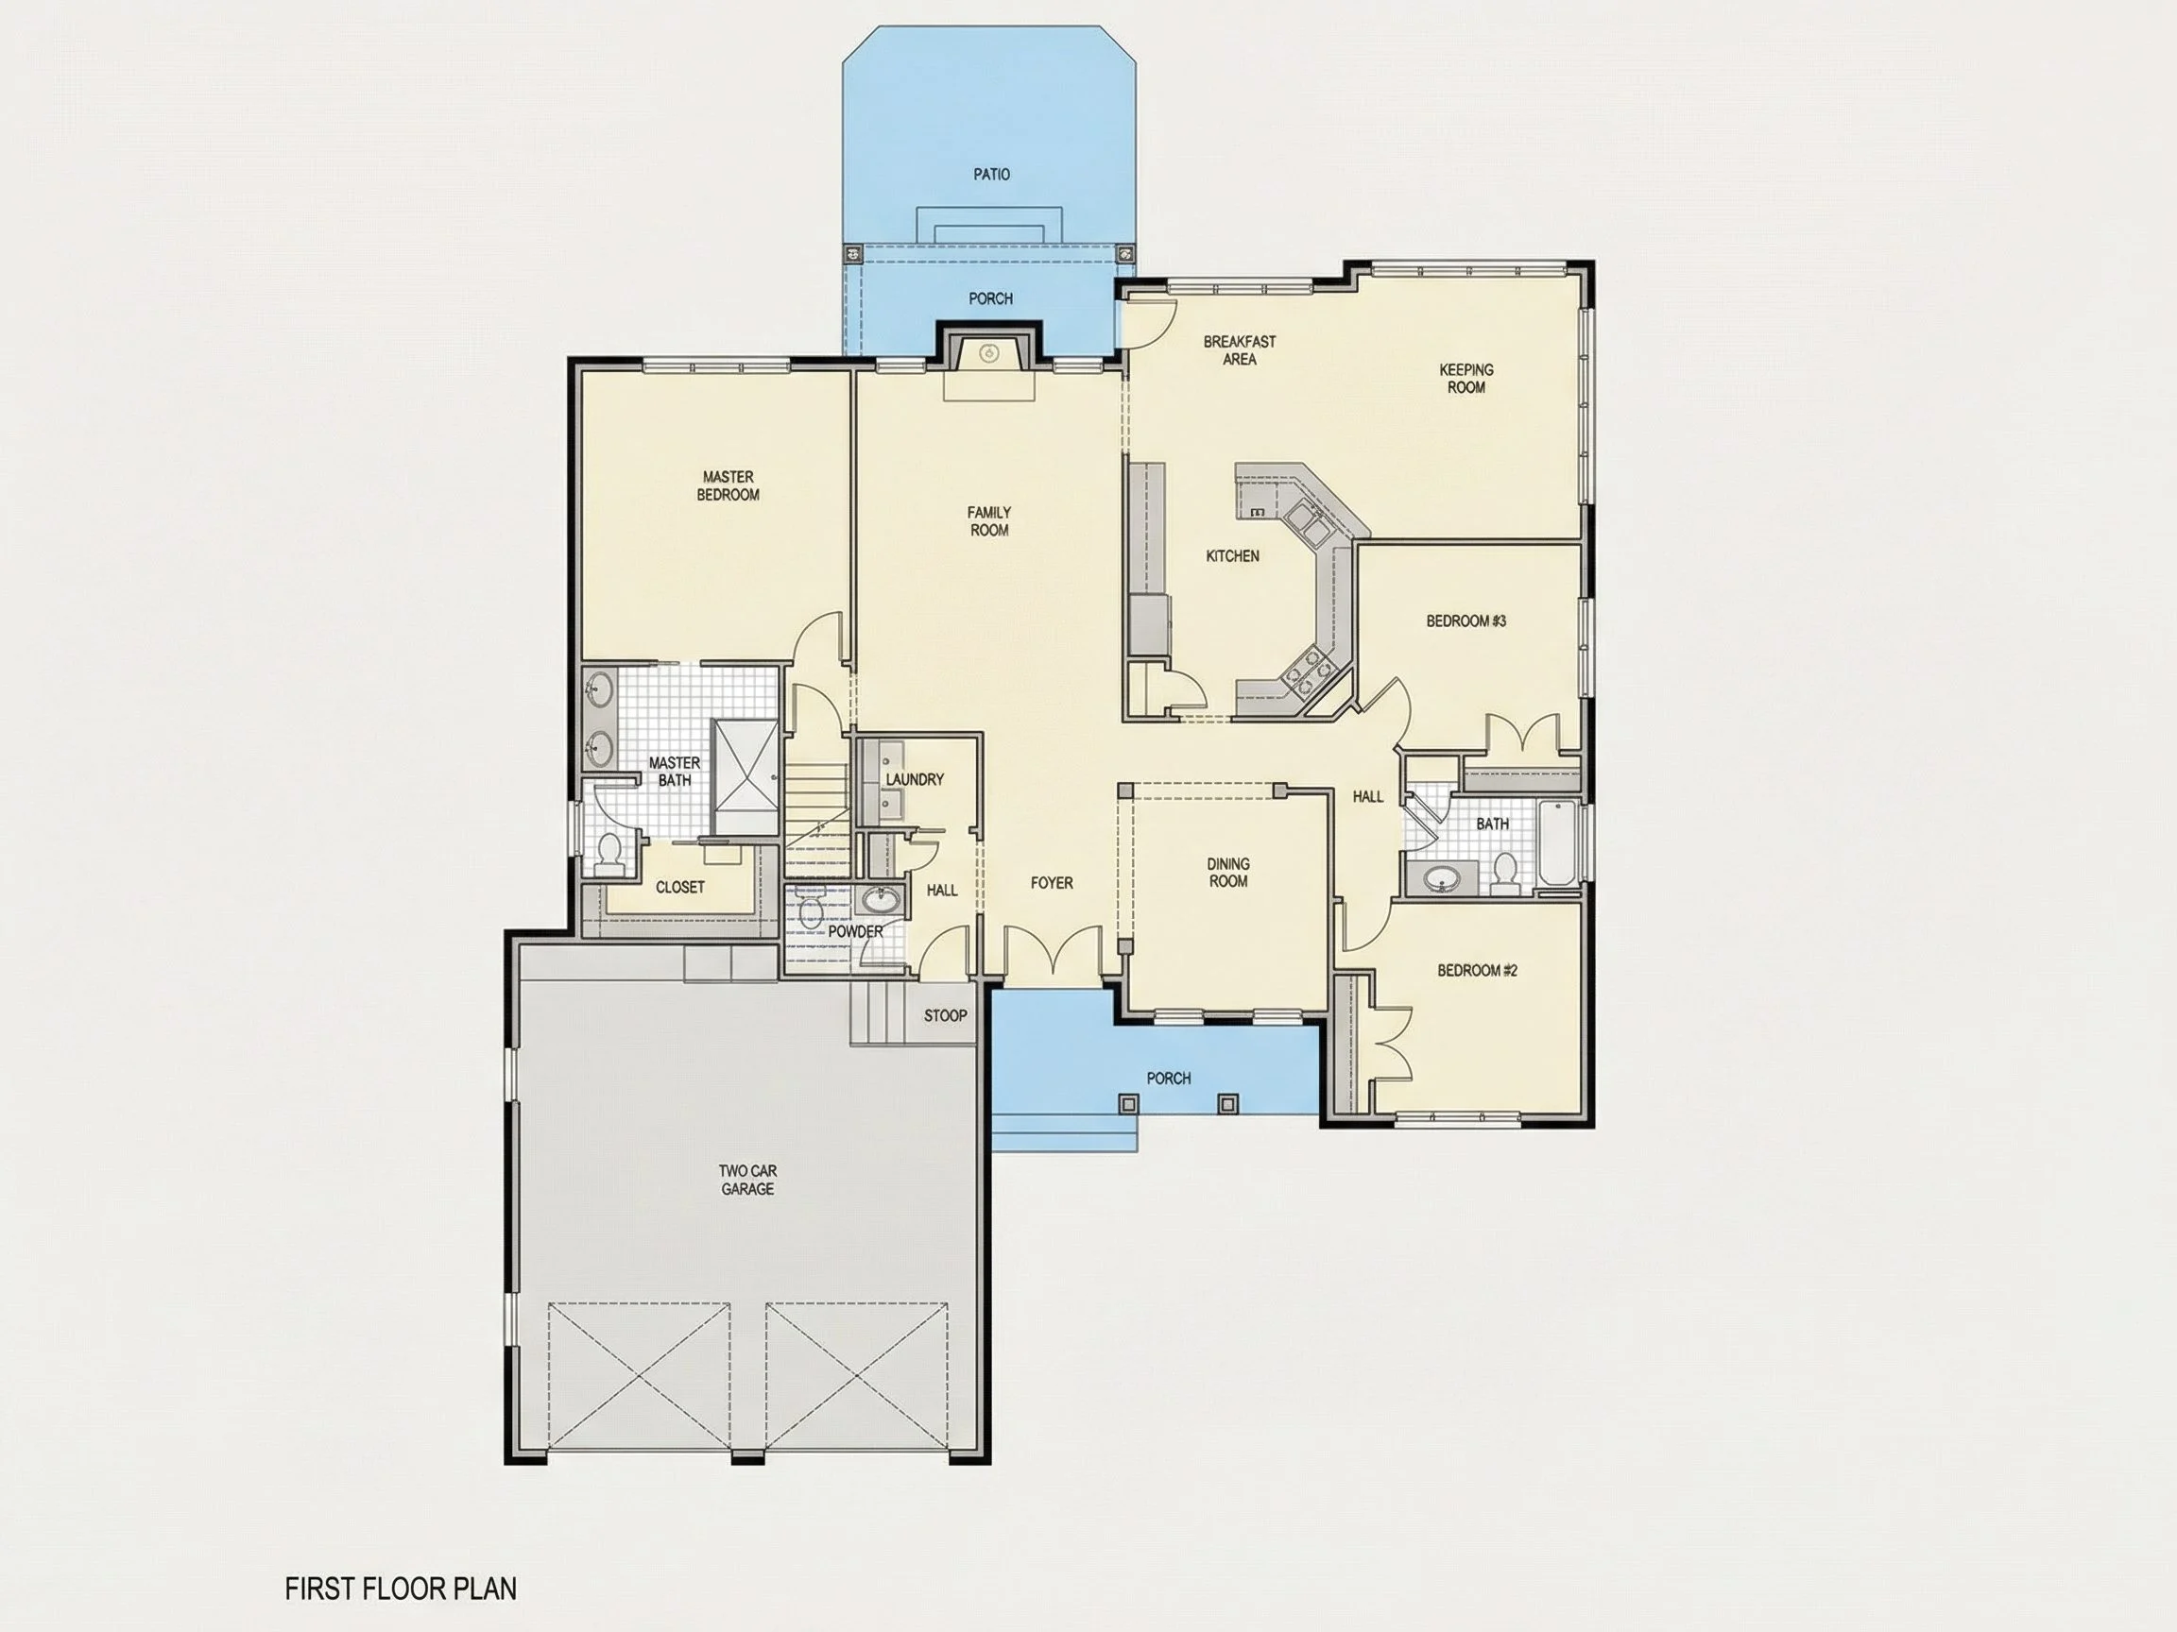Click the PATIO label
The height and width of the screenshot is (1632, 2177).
pos(991,174)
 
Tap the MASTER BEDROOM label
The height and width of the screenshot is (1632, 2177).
pos(729,486)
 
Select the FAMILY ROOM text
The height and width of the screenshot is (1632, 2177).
pos(989,521)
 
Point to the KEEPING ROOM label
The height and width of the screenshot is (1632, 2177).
pos(1466,379)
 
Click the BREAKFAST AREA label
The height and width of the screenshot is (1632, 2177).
pos(1239,350)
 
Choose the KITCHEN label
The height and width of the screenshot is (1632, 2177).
pos(1232,555)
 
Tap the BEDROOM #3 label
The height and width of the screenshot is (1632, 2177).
pos(1466,620)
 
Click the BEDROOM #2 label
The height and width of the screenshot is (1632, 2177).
pos(1477,970)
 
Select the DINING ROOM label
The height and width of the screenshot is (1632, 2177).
pos(1228,873)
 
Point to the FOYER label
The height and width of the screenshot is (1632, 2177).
pos(1052,882)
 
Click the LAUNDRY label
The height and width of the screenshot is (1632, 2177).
pos(915,779)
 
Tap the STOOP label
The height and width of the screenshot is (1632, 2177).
pos(945,1015)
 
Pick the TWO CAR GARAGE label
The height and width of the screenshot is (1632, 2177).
pos(748,1180)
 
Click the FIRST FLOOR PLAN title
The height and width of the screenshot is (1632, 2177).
pos(401,1588)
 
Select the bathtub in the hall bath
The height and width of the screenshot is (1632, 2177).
pos(1557,844)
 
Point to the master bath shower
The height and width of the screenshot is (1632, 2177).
pos(745,764)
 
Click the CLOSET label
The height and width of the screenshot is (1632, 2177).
pos(680,886)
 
